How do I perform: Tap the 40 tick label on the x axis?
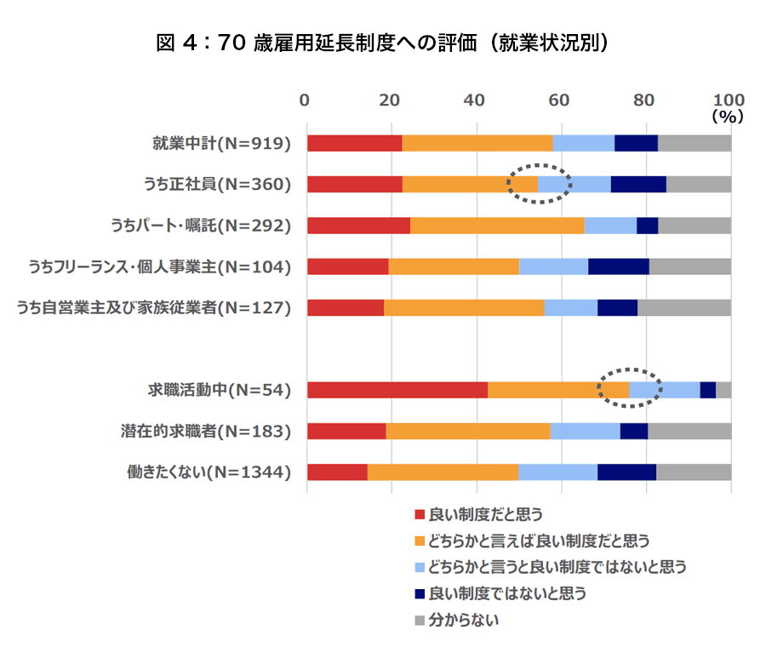pyautogui.click(x=475, y=99)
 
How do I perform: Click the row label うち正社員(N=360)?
pyautogui.click(x=219, y=184)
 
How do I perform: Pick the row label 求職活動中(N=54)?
pyautogui.click(x=220, y=390)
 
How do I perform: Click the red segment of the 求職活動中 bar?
pyautogui.click(x=397, y=390)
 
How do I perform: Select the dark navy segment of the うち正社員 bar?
pyautogui.click(x=638, y=184)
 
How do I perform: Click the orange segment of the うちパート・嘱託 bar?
pyautogui.click(x=497, y=225)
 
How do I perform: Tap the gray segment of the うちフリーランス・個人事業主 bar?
pyautogui.click(x=689, y=266)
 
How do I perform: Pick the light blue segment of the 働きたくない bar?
pyautogui.click(x=557, y=472)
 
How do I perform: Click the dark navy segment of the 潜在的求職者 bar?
pyautogui.click(x=633, y=431)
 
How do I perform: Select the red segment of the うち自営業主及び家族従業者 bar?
pyautogui.click(x=345, y=307)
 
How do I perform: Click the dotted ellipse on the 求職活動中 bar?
pyautogui.click(x=629, y=388)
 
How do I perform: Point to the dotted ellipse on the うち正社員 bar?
pyautogui.click(x=540, y=183)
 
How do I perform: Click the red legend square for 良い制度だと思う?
pyautogui.click(x=419, y=514)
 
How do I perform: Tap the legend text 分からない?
pyautogui.click(x=464, y=619)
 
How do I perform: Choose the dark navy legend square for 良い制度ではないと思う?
pyautogui.click(x=419, y=593)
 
